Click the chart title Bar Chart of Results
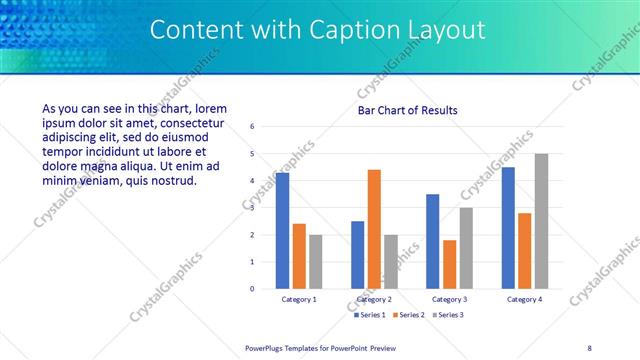(x=407, y=110)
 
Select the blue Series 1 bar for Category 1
(x=283, y=230)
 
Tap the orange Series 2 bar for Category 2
(x=374, y=229)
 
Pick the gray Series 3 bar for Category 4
(x=541, y=221)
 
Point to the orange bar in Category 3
(x=449, y=264)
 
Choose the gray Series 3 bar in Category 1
(x=316, y=261)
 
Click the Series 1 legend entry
(x=372, y=315)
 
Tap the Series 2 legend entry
(x=410, y=315)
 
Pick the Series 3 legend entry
(x=448, y=315)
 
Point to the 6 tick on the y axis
(x=252, y=127)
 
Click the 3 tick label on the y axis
(x=252, y=208)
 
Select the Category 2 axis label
(x=374, y=299)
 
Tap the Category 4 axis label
(x=524, y=299)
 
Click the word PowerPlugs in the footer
(x=269, y=347)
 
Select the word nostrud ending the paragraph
(x=173, y=181)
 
